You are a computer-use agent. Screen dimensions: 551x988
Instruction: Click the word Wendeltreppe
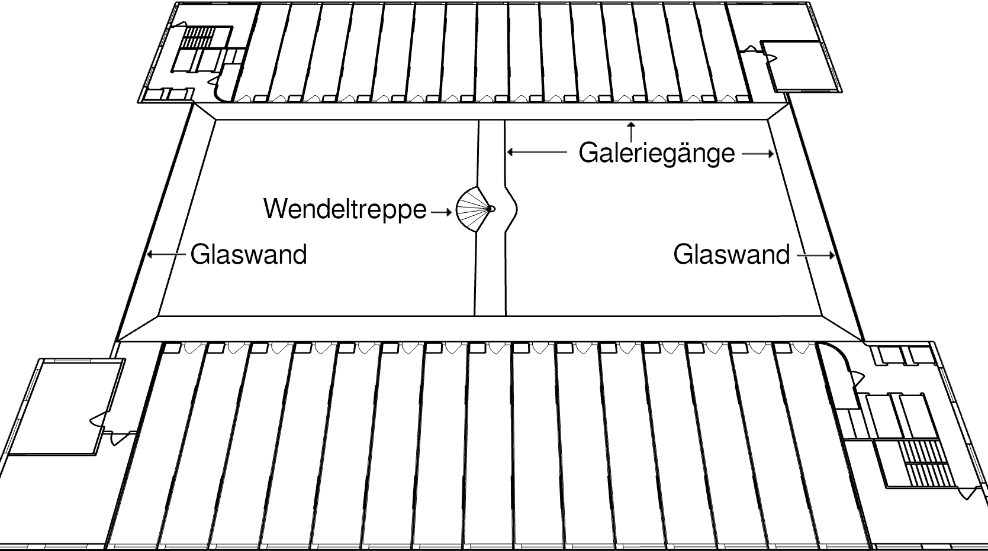coord(345,209)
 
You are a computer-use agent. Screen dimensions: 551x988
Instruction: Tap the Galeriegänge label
coord(656,153)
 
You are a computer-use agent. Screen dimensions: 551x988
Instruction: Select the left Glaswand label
coord(249,255)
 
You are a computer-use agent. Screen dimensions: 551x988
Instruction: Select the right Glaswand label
coord(732,255)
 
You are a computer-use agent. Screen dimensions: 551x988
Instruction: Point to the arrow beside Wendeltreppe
coord(442,211)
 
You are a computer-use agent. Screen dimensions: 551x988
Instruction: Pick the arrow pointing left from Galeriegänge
coord(536,153)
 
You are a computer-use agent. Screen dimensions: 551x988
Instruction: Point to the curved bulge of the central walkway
coord(511,209)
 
